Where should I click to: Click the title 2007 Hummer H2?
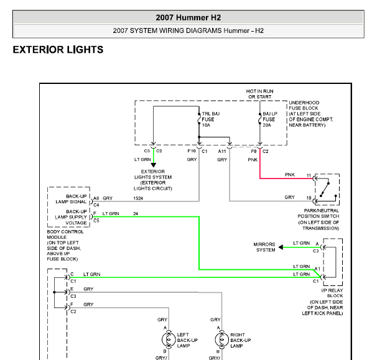click(188, 17)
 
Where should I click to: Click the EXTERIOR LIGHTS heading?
click(58, 50)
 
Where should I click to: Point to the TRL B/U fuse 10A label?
click(211, 119)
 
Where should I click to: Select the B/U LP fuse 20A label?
click(270, 119)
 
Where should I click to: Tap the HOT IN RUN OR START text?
click(260, 94)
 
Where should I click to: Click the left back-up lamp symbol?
click(169, 340)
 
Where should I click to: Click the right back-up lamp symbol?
click(222, 340)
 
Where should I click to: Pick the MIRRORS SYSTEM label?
click(264, 247)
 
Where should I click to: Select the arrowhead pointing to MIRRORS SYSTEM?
click(281, 247)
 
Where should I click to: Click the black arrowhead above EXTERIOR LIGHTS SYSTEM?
click(154, 165)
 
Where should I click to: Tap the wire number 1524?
click(138, 198)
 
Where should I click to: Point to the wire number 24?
click(136, 213)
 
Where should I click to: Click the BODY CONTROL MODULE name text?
click(65, 234)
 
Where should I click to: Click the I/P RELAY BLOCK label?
click(332, 293)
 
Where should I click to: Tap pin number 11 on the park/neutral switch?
click(309, 175)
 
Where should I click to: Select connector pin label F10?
click(192, 151)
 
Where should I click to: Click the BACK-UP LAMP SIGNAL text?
click(71, 199)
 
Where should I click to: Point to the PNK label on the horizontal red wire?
click(290, 175)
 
